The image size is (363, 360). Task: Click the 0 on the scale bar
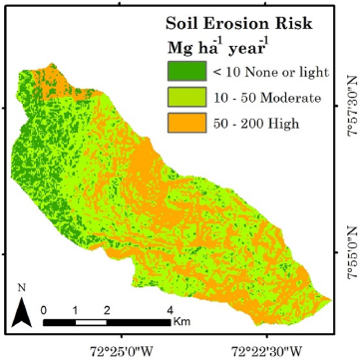[45, 311]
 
